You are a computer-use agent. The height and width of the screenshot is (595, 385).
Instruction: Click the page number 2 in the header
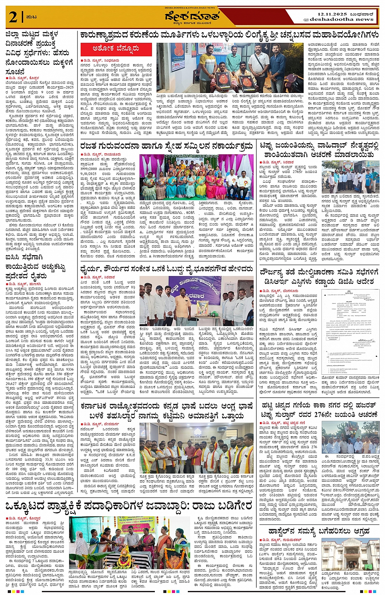coord(13,17)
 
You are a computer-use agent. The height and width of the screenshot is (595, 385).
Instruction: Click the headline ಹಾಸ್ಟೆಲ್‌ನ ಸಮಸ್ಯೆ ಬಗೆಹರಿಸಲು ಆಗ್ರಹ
coord(319,531)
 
